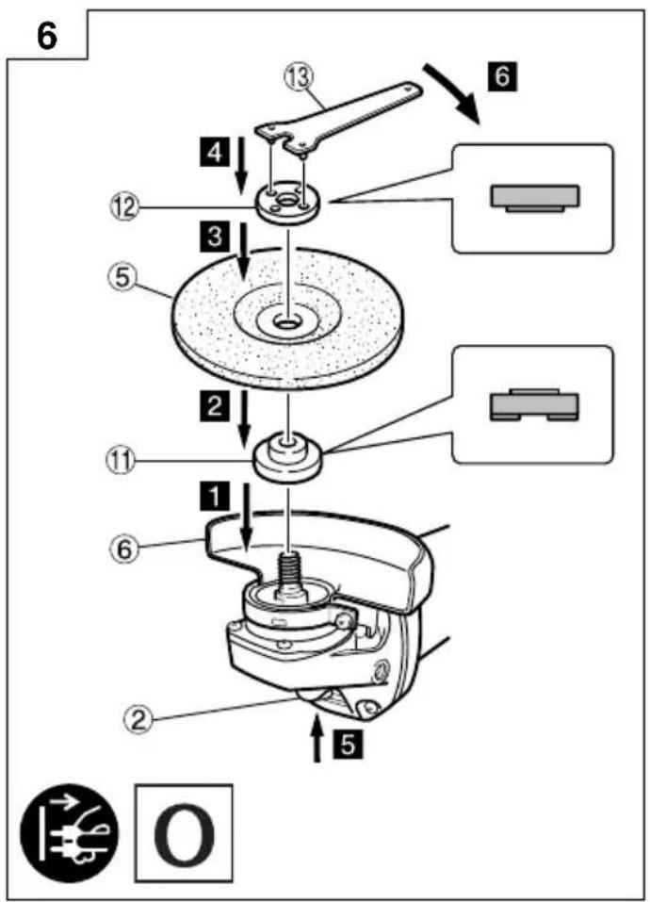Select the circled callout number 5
pos(122,279)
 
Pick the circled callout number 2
pos(138,719)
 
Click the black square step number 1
pos(215,496)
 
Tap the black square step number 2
pos(215,406)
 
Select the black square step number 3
pos(215,236)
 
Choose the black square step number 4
pos(215,152)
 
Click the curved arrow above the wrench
pos(453,92)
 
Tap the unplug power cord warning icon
pos(69,832)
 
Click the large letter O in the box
pos(184,832)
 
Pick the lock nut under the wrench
pos(284,204)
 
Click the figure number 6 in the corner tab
pos(47,37)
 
